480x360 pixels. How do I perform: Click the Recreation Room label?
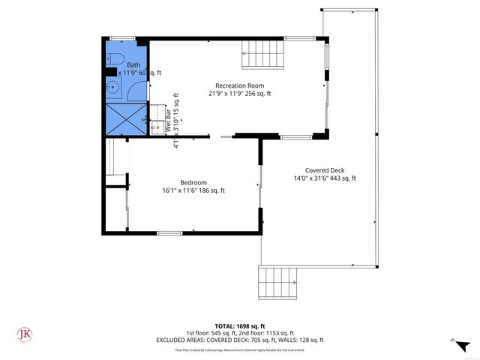(239, 85)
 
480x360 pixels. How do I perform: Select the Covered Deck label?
(324, 169)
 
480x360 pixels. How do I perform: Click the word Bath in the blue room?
(133, 65)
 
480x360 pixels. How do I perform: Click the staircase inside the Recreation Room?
(261, 53)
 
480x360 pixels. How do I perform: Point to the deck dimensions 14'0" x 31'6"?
(324, 178)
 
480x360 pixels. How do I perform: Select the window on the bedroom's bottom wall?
(169, 233)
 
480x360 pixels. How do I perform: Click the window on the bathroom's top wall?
(121, 38)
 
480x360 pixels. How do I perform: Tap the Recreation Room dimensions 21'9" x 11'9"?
(239, 94)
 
